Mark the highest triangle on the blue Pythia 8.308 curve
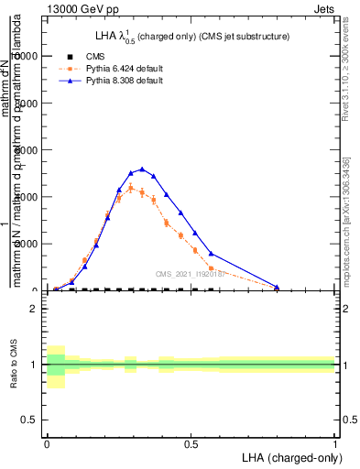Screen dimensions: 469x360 [142, 169]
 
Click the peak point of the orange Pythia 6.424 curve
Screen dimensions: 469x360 [131, 188]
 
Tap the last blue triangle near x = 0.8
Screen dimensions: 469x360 [277, 288]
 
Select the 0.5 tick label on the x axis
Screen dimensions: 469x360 [191, 442]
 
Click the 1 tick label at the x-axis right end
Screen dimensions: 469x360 [334, 442]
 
